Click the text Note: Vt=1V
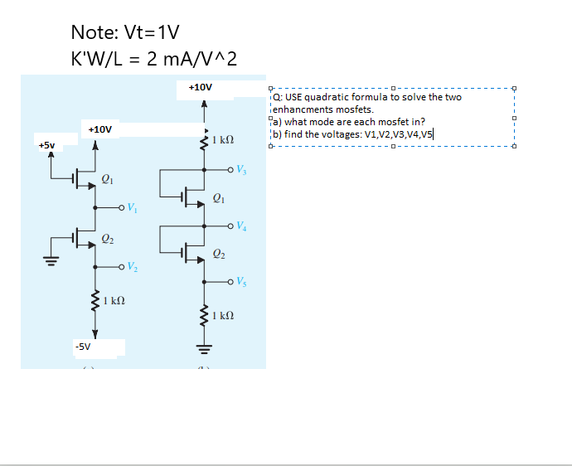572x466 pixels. [125, 32]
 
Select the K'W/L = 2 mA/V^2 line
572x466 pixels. [154, 59]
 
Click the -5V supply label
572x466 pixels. [82, 345]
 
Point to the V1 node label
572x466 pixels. [133, 208]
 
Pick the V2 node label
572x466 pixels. [133, 268]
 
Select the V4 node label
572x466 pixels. [241, 226]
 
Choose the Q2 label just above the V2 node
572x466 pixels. [107, 239]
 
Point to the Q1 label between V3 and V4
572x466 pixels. [218, 198]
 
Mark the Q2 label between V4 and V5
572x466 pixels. [218, 253]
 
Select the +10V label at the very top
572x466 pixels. [201, 86]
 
